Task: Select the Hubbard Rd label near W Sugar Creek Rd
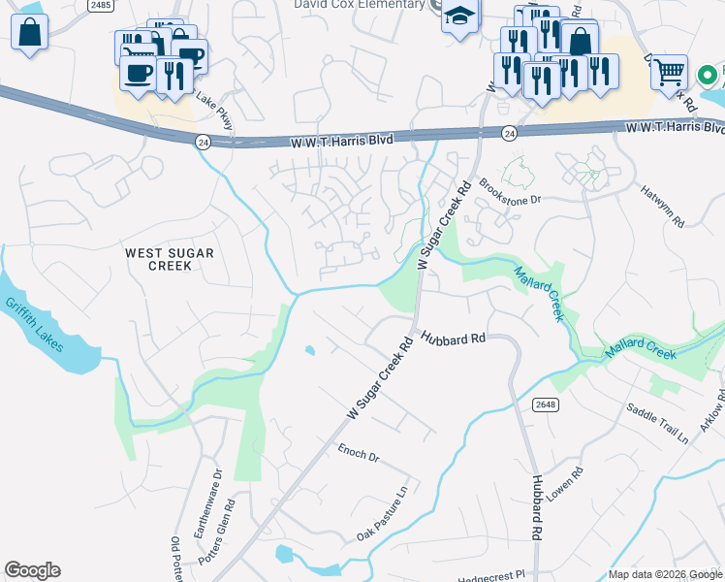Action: pos(453,339)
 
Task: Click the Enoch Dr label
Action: pos(358,452)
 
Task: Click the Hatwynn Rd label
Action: pos(662,208)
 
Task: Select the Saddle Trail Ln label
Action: pos(656,423)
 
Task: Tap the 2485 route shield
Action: pos(99,6)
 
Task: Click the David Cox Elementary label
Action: pos(360,5)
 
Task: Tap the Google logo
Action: pos(32,570)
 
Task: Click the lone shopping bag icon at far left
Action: pos(30,32)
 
